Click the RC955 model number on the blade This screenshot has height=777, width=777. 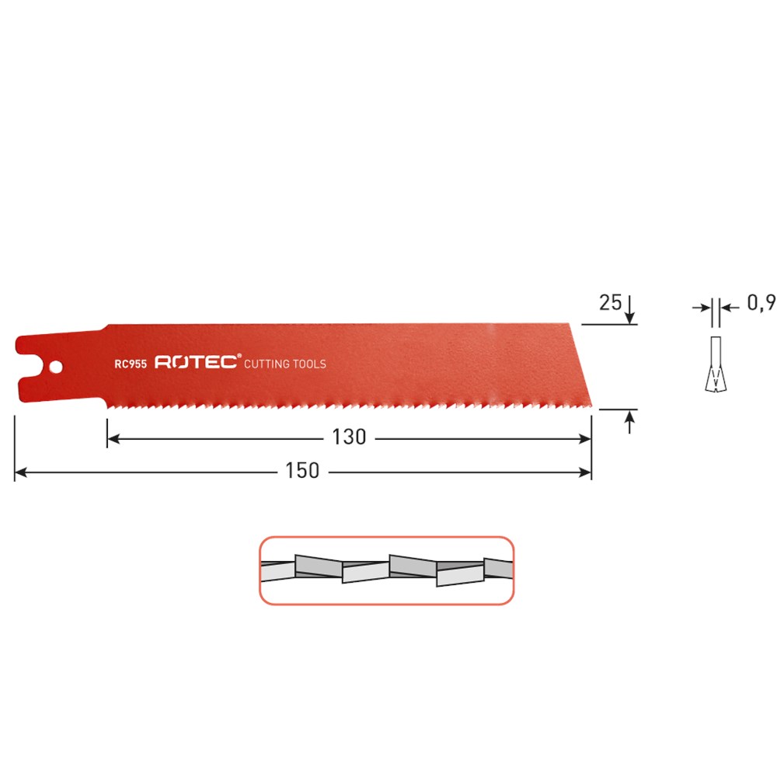131,363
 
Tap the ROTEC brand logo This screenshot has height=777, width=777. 196,363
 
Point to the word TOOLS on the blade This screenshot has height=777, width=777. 311,364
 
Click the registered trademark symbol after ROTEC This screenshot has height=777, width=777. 239,356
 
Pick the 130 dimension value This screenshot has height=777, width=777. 349,438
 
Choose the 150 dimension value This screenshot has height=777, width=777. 302,471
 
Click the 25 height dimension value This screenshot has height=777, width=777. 610,302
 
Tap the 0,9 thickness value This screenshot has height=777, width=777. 761,303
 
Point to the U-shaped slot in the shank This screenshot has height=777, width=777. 30,365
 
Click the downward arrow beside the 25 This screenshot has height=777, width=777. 629,315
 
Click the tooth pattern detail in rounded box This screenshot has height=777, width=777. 386,571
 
